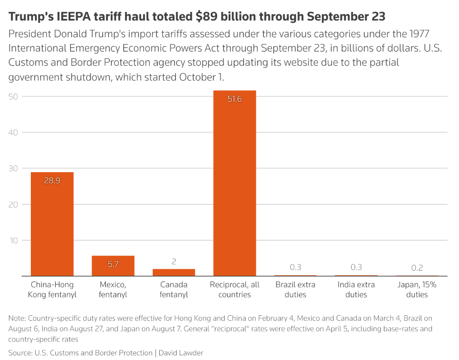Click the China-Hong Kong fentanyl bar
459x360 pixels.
click(x=52, y=224)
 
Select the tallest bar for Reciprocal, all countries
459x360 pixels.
click(x=235, y=184)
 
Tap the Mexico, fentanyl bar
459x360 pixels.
click(x=113, y=266)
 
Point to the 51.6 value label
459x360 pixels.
click(x=235, y=99)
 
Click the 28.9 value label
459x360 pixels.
click(x=52, y=180)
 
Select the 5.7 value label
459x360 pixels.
click(x=113, y=264)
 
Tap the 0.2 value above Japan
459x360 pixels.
click(x=417, y=267)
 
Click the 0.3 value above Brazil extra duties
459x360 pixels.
click(x=295, y=267)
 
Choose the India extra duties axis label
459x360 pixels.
click(x=356, y=290)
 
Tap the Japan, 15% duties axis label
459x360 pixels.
click(x=417, y=290)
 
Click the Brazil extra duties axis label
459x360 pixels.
click(x=295, y=290)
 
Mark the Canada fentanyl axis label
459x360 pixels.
click(x=174, y=290)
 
